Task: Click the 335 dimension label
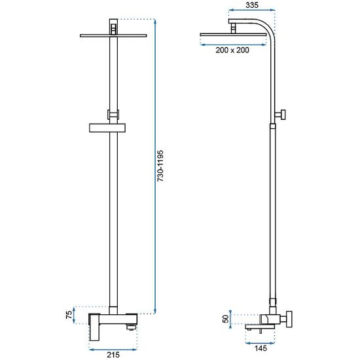pos(252,5)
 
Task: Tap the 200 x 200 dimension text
pos(232,50)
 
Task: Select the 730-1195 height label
pos(160,166)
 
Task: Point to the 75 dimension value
pos(69,315)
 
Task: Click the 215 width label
pos(113,355)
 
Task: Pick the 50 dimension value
pos(226,319)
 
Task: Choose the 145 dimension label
pos(261,348)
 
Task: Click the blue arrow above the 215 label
pos(113,350)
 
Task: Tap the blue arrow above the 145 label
pos(260,343)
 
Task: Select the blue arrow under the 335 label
pos(252,10)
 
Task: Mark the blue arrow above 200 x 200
pos(233,45)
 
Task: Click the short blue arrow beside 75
pos(74,315)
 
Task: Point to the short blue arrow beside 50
pos(230,319)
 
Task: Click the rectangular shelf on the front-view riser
pos(107,128)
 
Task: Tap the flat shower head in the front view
pos(113,35)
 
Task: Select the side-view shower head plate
pos(233,35)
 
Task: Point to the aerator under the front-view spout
pos(131,327)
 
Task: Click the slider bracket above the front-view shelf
pos(113,115)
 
